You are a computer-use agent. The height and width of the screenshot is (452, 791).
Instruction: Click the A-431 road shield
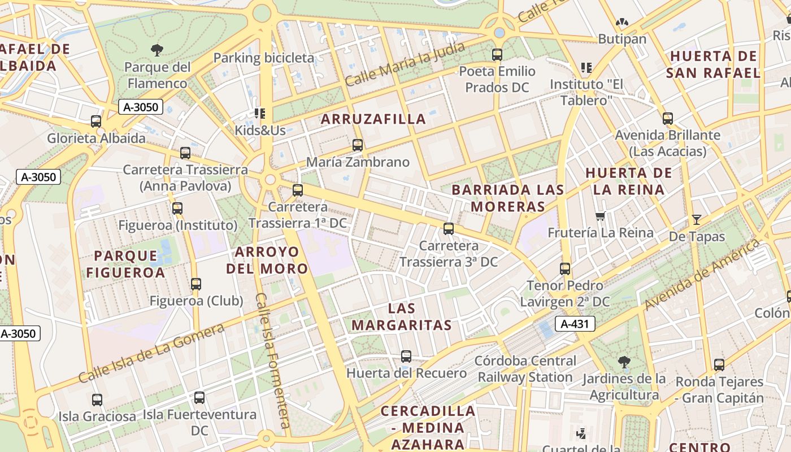pyautogui.click(x=575, y=324)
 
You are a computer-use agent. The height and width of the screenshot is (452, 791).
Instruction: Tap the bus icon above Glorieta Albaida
pyautogui.click(x=96, y=121)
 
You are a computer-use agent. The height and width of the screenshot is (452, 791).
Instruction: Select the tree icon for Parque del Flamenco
pyautogui.click(x=157, y=50)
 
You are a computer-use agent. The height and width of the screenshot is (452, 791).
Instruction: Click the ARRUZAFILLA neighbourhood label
pyautogui.click(x=373, y=119)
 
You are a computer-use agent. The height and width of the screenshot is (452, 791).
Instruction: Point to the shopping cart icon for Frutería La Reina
pyautogui.click(x=601, y=216)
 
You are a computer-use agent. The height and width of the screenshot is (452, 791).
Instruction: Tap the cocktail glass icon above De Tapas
pyautogui.click(x=696, y=220)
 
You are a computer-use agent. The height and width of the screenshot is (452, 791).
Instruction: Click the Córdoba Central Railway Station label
pyautogui.click(x=525, y=368)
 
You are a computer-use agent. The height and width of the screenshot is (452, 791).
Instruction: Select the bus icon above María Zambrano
pyautogui.click(x=357, y=145)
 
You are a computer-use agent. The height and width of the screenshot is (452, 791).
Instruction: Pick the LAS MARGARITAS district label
pyautogui.click(x=402, y=316)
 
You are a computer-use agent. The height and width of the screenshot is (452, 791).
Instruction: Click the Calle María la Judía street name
pyautogui.click(x=405, y=63)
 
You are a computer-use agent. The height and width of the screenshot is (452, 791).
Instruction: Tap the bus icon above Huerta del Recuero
pyautogui.click(x=406, y=357)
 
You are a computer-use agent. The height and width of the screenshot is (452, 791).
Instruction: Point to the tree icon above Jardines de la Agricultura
pyautogui.click(x=624, y=362)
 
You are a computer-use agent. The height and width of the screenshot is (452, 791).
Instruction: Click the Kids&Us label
pyautogui.click(x=260, y=130)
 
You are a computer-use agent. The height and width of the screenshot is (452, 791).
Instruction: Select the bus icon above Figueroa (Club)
pyautogui.click(x=196, y=284)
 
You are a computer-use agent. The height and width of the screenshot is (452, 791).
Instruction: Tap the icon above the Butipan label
pyautogui.click(x=622, y=23)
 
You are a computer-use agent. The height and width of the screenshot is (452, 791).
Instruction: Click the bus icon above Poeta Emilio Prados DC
pyautogui.click(x=497, y=55)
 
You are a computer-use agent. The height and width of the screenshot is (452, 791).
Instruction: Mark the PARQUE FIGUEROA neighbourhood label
pyautogui.click(x=125, y=264)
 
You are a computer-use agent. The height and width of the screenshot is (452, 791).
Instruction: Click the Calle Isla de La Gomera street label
pyautogui.click(x=151, y=353)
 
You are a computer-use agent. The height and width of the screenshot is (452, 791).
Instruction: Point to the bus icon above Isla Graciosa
pyautogui.click(x=97, y=400)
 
